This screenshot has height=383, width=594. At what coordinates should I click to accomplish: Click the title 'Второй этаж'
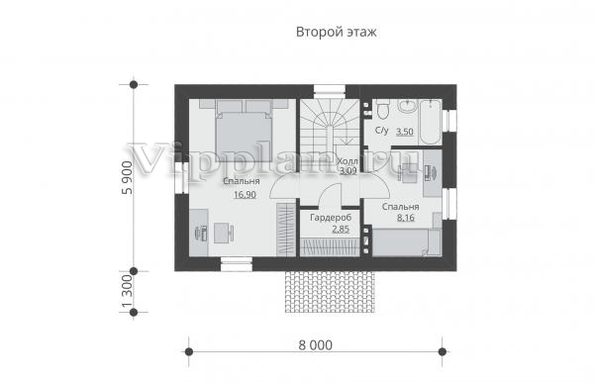coord(336,33)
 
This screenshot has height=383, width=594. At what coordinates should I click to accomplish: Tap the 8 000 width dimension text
coord(315,345)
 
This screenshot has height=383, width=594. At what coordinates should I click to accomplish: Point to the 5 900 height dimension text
coord(128,178)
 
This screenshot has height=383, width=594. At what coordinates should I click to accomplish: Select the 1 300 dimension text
coord(128,291)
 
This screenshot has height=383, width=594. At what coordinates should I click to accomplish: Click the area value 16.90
coord(245,195)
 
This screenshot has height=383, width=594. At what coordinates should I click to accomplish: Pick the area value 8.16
coord(405,218)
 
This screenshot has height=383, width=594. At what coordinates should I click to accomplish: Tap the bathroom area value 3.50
coord(405,132)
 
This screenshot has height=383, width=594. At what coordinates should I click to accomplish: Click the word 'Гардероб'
coord(331,218)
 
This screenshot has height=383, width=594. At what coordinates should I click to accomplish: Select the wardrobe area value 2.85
coord(341,230)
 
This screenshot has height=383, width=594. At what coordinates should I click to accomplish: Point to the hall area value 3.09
coord(347,171)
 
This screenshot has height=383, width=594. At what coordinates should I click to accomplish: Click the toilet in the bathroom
coord(382,109)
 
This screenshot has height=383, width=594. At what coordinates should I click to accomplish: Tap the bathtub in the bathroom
coord(431,122)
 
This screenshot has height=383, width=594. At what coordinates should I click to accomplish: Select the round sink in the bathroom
coord(407,106)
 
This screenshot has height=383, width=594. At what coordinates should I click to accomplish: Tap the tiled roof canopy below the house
coord(330,292)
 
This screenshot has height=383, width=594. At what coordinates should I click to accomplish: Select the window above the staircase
coord(330,92)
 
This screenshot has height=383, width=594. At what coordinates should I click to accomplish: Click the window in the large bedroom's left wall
coord(182,178)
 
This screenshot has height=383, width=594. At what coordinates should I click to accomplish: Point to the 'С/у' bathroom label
coord(381,131)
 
